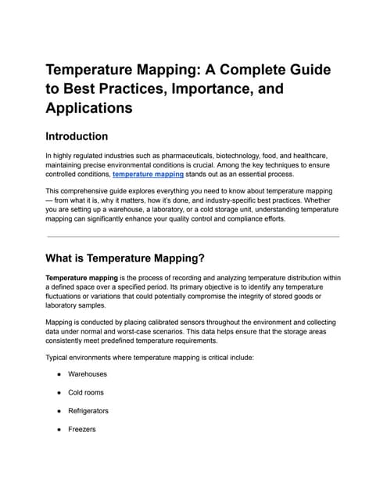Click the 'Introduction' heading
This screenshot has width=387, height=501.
[x=87, y=136]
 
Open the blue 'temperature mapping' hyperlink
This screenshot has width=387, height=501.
[x=148, y=175]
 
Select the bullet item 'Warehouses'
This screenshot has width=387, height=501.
[x=88, y=374]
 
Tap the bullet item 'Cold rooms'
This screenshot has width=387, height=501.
[x=86, y=392]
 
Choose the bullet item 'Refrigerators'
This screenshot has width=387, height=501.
[x=88, y=411]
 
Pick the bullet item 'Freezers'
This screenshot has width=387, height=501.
[x=82, y=429]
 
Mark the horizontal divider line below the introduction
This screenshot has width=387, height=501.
[x=193, y=236]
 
